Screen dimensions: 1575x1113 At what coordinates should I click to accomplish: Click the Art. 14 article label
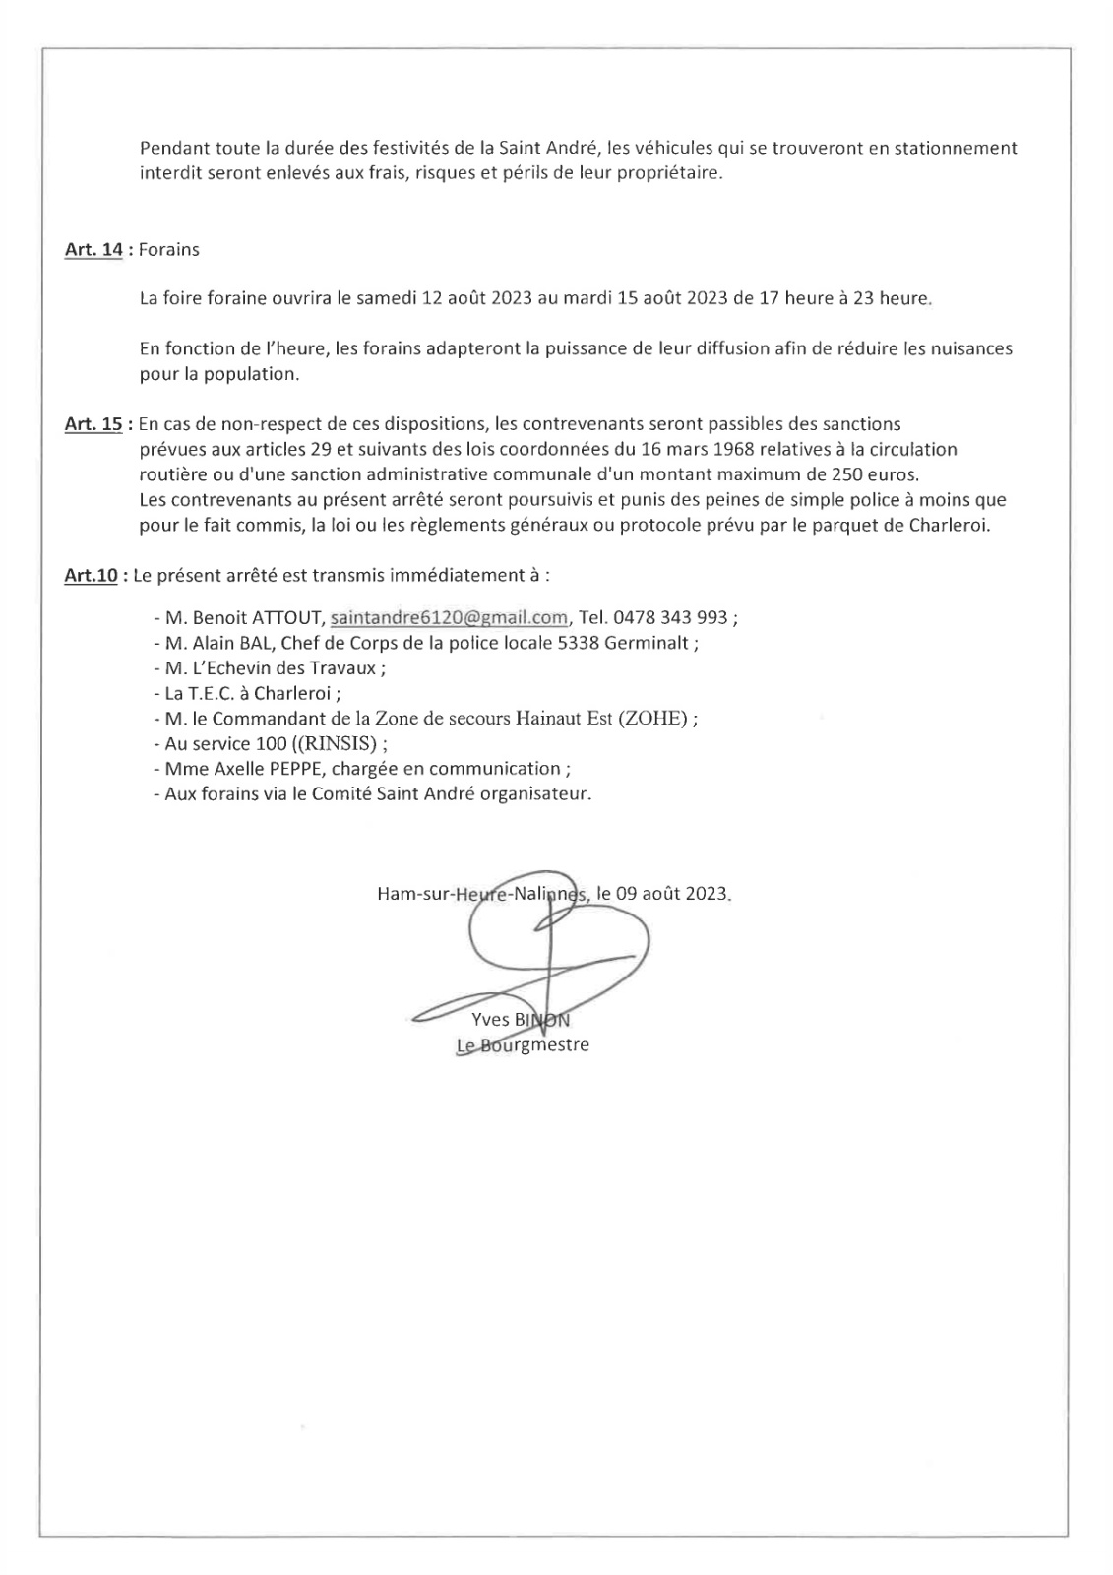coord(93,250)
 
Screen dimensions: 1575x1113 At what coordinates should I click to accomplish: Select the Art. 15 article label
coord(93,424)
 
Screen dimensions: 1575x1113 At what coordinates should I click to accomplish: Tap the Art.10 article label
coord(91,575)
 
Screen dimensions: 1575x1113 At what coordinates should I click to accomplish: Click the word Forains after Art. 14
coord(168,250)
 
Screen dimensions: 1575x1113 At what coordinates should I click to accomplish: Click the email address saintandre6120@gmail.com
coord(449,618)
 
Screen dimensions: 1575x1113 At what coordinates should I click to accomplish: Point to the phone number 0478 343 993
coord(670,618)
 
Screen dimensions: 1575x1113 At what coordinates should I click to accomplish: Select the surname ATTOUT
coord(286,618)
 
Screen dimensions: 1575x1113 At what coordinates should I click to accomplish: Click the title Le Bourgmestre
coord(523,1045)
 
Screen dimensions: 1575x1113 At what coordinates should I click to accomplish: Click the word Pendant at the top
coord(172,149)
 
